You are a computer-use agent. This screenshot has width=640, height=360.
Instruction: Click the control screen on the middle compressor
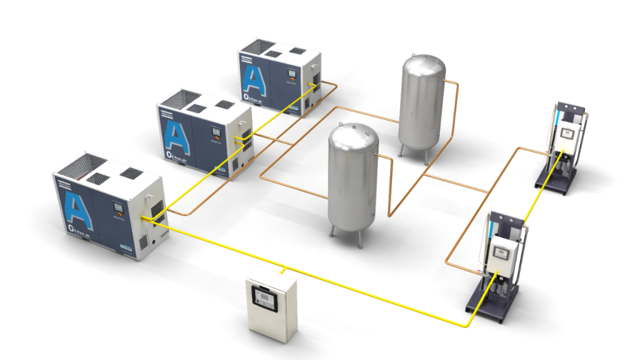coord(214,131)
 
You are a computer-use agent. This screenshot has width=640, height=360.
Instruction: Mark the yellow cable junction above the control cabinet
coord(284,270)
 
